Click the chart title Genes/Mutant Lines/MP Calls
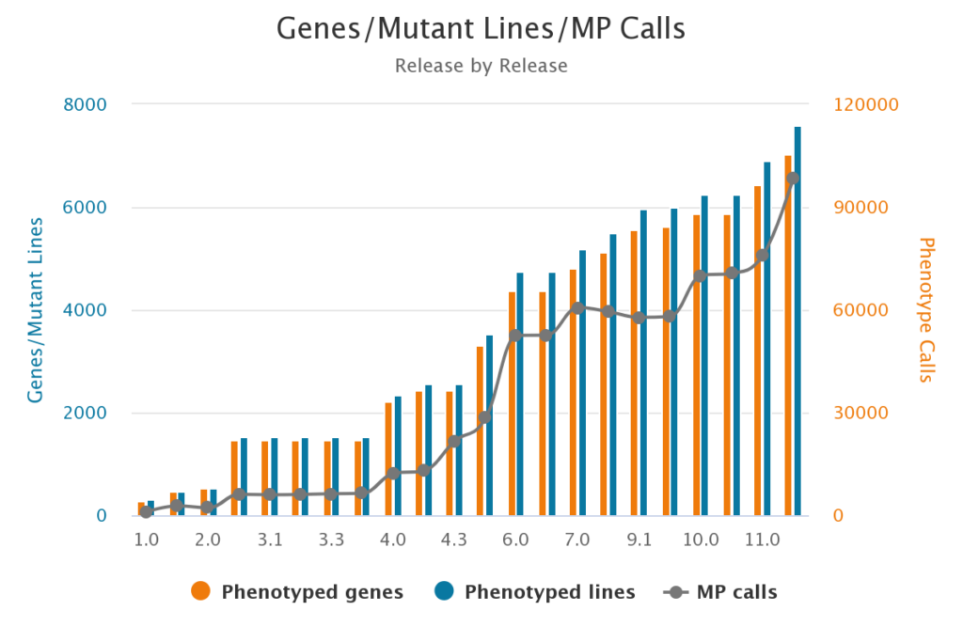[x=481, y=29]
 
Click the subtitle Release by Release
[x=481, y=66]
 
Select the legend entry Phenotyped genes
[x=298, y=591]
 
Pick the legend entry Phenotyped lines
[x=535, y=591]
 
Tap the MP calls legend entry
[x=721, y=591]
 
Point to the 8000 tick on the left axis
[x=85, y=105]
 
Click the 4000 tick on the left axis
[x=85, y=311]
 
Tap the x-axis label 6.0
[x=515, y=540]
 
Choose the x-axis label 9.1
[x=639, y=540]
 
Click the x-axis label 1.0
[x=146, y=540]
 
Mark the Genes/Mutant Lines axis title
[x=36, y=310]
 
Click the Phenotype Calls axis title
[x=926, y=310]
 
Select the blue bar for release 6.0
[x=520, y=394]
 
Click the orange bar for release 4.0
[x=388, y=459]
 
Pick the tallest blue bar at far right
[x=797, y=321]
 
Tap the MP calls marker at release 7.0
[x=577, y=307]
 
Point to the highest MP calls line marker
[x=793, y=178]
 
